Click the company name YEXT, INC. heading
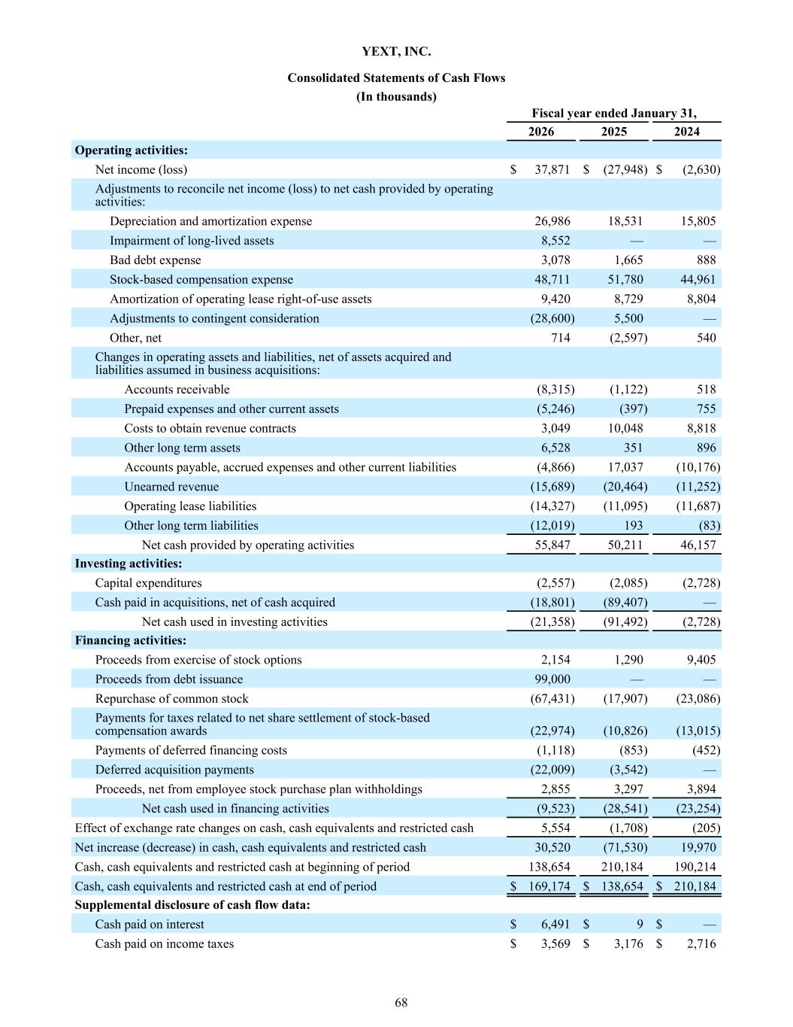tap(396, 52)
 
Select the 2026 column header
tap(541, 132)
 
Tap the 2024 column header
tap(686, 132)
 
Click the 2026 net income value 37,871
tap(552, 170)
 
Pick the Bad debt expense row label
tap(156, 260)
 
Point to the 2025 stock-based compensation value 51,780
tap(625, 280)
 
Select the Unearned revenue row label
tap(171, 487)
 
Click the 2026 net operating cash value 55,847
tap(552, 545)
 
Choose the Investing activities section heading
tap(129, 564)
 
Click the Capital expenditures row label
tap(148, 583)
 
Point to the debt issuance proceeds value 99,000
tap(552, 679)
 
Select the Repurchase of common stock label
tap(171, 699)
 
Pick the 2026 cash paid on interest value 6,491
tap(555, 925)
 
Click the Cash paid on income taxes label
tap(164, 944)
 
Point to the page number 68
tap(401, 1003)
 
